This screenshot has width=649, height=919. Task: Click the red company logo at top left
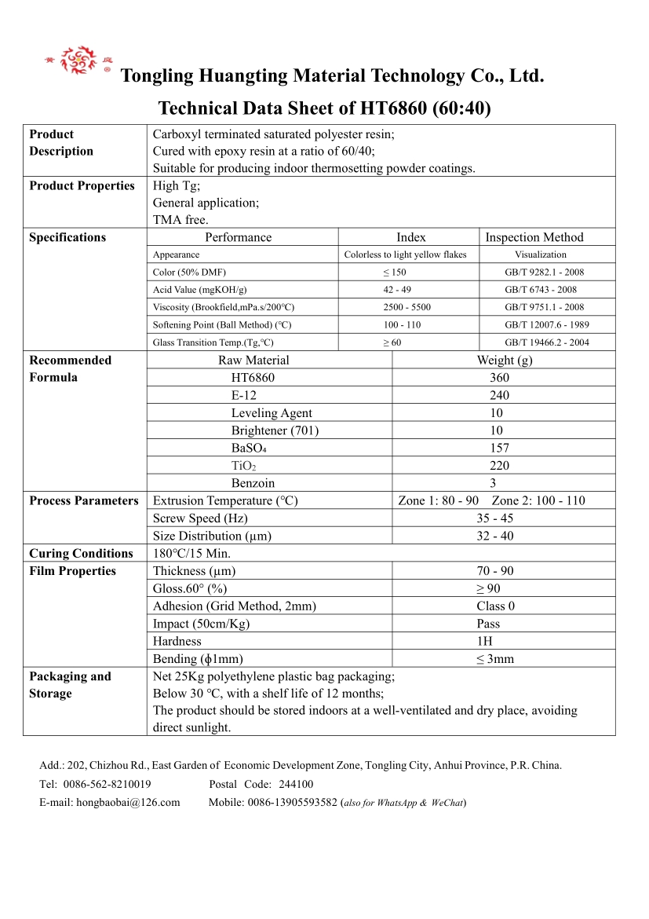78,60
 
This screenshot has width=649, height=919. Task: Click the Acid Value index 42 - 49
397,290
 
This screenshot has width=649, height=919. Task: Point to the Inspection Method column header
534,237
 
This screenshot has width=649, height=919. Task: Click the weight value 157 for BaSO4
499,448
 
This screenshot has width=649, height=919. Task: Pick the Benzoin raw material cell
253,483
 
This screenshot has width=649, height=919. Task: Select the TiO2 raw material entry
244,466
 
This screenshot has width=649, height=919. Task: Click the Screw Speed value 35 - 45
494,518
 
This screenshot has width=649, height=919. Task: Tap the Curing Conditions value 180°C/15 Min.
191,554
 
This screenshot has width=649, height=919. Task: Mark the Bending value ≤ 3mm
495,659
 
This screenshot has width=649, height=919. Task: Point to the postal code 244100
296,784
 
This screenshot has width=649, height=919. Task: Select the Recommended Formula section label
70,368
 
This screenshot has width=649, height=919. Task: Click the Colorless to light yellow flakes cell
405,254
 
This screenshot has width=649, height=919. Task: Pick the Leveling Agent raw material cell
272,413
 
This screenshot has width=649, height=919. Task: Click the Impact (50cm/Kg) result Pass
488,624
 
